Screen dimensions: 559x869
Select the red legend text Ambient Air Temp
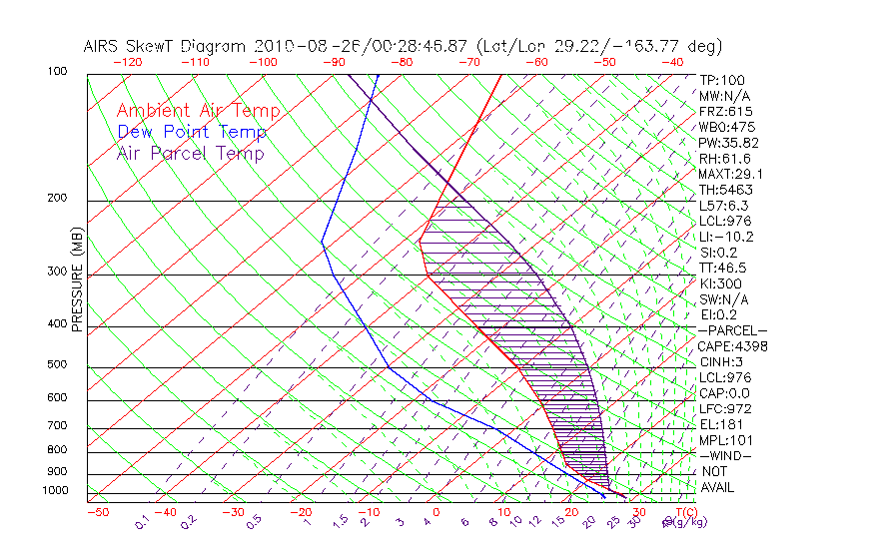[x=198, y=111]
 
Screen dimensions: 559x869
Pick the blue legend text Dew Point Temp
[x=191, y=132]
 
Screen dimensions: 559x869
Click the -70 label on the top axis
[x=468, y=62]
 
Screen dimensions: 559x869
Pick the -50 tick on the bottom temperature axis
[x=97, y=512]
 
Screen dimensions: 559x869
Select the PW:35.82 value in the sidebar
[x=729, y=143]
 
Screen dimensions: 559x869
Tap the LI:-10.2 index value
[x=726, y=237]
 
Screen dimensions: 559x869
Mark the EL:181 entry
[x=719, y=424]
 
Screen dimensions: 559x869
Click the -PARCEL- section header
[x=733, y=330]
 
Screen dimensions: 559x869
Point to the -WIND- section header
[x=726, y=455]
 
